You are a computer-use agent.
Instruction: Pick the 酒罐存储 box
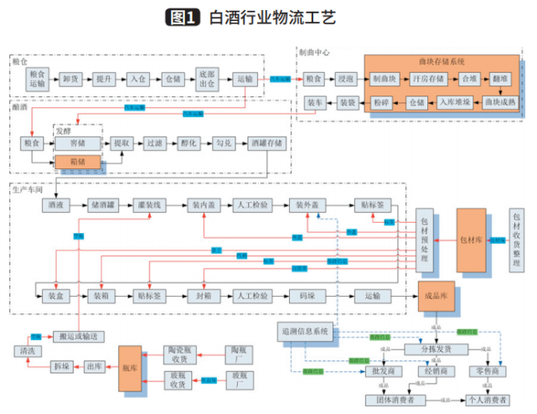click(266, 143)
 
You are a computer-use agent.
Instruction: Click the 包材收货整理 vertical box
click(516, 238)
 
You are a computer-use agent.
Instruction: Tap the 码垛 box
click(307, 296)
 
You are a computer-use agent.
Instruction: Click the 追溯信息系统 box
click(305, 333)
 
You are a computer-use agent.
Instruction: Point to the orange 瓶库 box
click(131, 368)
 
